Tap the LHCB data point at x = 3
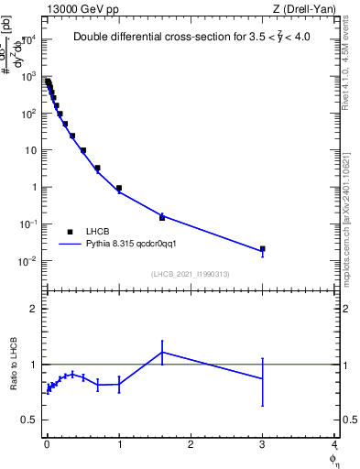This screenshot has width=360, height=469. click(x=263, y=248)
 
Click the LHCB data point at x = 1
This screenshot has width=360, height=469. click(x=119, y=188)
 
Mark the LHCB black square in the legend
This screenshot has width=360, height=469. click(x=70, y=232)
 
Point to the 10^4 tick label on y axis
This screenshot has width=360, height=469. click(x=28, y=40)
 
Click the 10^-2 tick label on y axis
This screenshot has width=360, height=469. click(x=28, y=261)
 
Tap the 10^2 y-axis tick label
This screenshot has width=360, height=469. click(x=28, y=114)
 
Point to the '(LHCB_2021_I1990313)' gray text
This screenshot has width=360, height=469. click(x=191, y=275)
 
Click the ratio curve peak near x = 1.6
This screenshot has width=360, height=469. click(x=162, y=352)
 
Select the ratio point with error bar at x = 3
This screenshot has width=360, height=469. click(x=263, y=378)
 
